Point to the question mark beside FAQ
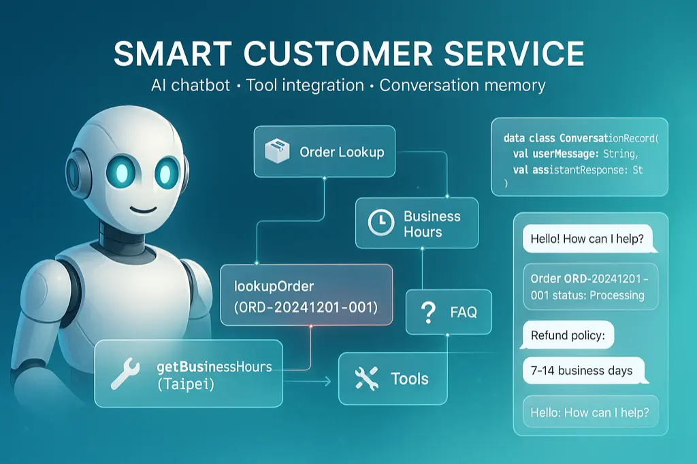click(x=428, y=312)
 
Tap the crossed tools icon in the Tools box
click(x=366, y=378)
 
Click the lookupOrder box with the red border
click(x=306, y=295)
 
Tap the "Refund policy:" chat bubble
click(x=568, y=335)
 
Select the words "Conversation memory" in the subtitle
click(x=462, y=86)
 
